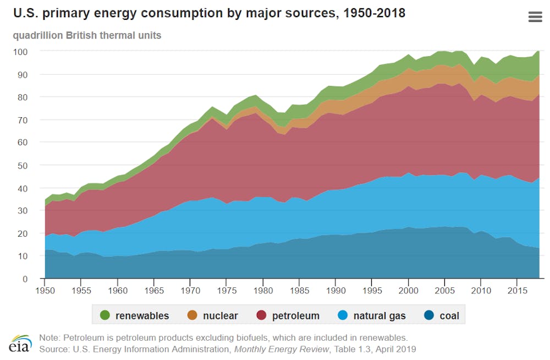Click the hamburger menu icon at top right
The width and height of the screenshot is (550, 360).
point(535,17)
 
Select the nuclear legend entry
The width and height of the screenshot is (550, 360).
point(213,316)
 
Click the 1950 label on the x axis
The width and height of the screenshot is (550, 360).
point(45,290)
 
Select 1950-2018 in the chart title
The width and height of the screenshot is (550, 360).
point(371,13)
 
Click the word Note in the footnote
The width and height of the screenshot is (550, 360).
point(49,337)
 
